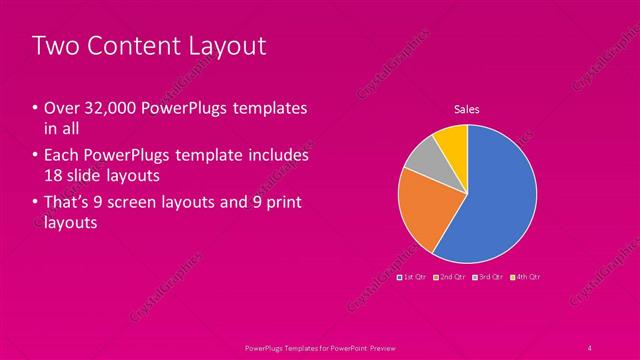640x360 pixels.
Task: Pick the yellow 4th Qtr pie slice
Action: pos(452,139)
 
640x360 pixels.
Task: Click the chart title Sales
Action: pos(467,108)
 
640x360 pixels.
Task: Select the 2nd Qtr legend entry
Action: pos(451,276)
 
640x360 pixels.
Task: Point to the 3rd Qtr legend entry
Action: pos(488,276)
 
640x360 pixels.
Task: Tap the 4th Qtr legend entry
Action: pos(525,276)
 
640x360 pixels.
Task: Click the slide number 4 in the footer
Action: pos(589,347)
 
